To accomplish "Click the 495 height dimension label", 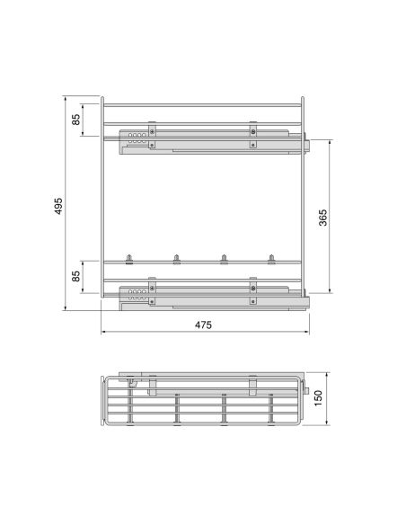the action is coord(58,206).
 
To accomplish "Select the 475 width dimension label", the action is coord(203,325).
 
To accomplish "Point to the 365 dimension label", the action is coord(322,218).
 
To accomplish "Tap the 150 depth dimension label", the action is coord(318,398).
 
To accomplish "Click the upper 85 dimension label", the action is coord(76,120).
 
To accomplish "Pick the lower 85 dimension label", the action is coord(76,276).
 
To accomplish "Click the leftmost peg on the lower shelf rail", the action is coord(129,259).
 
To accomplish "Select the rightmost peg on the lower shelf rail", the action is coord(271,259).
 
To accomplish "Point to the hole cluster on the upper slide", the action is coord(137,138).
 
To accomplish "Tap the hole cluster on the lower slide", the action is coord(137,295).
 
